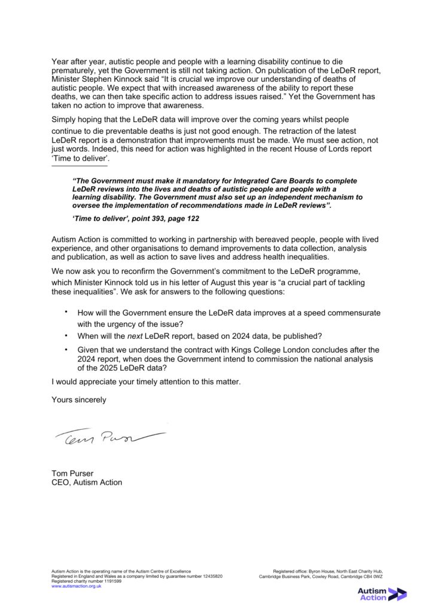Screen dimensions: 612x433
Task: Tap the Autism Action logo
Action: click(381, 593)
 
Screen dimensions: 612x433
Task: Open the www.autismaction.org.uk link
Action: click(77, 586)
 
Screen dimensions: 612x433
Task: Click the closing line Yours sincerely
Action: click(79, 400)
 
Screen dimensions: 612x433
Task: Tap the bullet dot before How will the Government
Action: click(66, 311)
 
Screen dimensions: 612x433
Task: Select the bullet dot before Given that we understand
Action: click(66, 348)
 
